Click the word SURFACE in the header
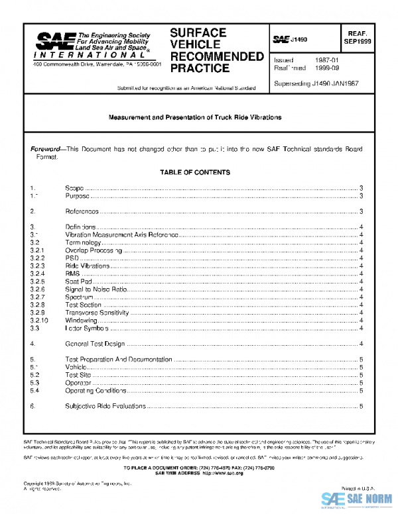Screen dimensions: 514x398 coord(198,32)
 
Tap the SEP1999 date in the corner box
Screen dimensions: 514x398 coord(359,41)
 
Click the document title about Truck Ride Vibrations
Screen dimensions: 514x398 coord(195,117)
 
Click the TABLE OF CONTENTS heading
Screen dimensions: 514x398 coord(195,172)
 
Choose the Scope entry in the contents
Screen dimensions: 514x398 coord(74,189)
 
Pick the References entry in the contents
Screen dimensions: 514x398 coord(82,211)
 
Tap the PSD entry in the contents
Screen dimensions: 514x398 coord(72,258)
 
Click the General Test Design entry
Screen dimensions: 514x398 coord(95,344)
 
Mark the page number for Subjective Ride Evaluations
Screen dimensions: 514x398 coord(361,405)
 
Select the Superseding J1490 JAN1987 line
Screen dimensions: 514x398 coord(315,84)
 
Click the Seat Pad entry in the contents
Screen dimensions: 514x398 coord(78,282)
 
